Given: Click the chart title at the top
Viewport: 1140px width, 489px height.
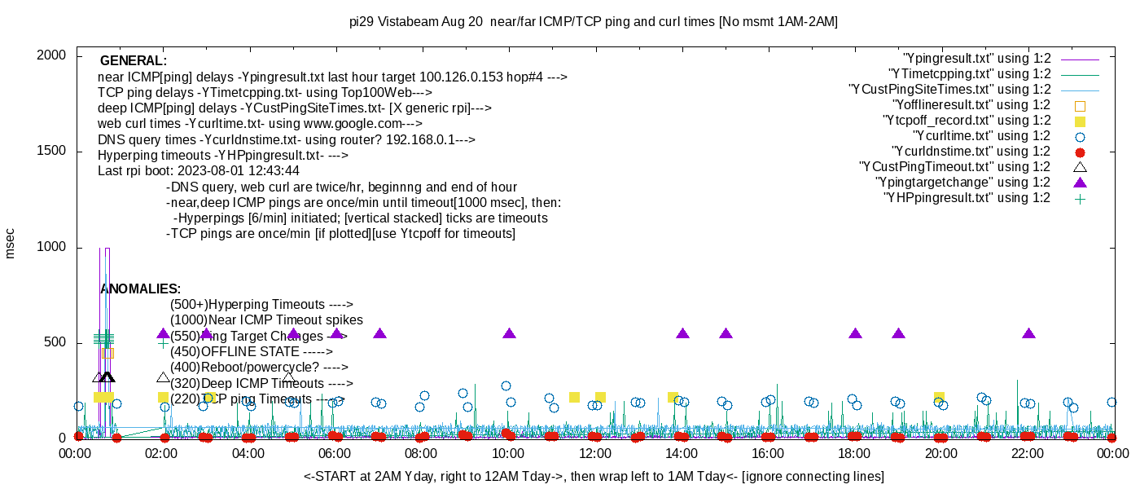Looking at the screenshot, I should (593, 22).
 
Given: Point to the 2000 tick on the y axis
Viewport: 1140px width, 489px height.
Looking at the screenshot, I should (50, 55).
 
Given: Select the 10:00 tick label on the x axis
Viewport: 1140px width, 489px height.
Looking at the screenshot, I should (508, 453).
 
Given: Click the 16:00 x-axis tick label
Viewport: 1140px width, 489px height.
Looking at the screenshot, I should (768, 453).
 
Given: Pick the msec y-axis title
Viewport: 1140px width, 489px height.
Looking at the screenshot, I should (10, 243).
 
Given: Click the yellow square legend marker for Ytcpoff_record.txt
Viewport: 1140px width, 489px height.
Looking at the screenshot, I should (1081, 121).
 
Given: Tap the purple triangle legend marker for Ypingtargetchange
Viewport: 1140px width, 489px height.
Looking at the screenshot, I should (1081, 182).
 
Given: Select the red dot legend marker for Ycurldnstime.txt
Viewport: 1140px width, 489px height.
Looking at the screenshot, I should (1081, 152).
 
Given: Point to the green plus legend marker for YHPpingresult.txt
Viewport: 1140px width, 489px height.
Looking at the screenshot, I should (1081, 197).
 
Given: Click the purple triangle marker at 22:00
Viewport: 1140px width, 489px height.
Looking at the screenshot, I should (1028, 333).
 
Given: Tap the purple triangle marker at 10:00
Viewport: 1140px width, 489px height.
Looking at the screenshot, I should (510, 333).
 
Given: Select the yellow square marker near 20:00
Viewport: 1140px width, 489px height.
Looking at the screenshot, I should (939, 397).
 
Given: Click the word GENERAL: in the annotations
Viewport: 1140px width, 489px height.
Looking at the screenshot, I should (134, 61).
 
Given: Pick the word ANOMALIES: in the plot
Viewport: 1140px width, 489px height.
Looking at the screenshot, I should (140, 289).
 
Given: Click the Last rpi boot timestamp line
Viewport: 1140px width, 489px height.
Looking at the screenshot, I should (199, 171).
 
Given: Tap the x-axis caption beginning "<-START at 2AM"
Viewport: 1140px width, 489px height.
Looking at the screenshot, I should (594, 476).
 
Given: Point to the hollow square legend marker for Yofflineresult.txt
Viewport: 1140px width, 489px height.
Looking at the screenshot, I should (1081, 105).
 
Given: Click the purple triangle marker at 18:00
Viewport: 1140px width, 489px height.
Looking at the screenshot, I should (855, 333).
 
